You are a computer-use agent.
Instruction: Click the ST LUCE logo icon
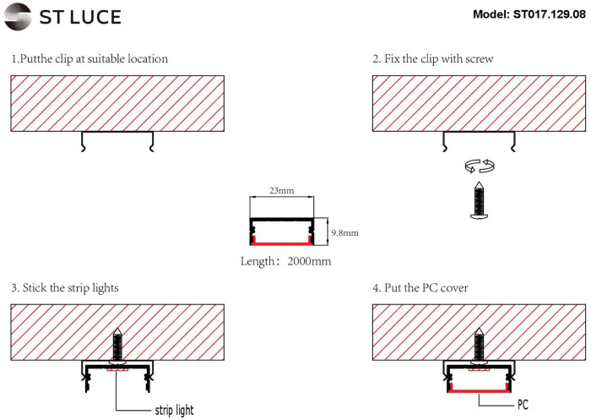coord(20,16)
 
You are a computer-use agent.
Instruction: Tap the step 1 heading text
coord(89,60)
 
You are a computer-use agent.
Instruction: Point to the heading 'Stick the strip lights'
coord(65,288)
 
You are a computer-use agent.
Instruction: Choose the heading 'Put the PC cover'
coord(420,288)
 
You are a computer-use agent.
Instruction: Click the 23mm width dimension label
coord(281,192)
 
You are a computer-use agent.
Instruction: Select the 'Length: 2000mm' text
coord(286,261)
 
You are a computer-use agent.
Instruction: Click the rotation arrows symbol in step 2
coord(479,166)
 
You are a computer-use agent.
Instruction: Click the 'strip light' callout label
coord(173,411)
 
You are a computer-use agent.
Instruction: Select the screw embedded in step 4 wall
coord(479,346)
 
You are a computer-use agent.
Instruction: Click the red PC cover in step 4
coord(479,390)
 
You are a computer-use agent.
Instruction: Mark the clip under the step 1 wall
coord(117,140)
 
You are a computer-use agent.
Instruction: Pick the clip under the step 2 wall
coord(479,140)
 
